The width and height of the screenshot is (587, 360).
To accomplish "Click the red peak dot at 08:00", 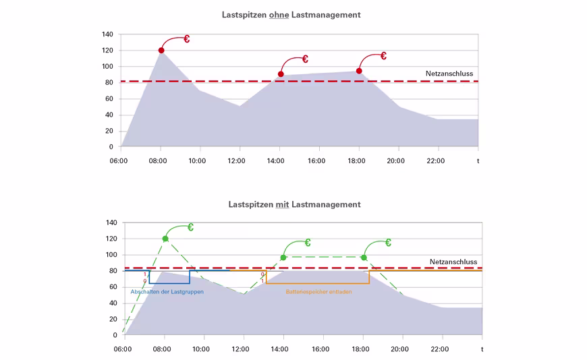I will coord(161,51).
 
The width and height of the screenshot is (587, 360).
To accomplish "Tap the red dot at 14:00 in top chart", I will coord(281,74).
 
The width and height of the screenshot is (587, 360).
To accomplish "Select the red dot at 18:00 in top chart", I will coord(359,71).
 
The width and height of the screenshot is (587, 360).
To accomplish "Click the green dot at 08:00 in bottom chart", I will coord(165,239).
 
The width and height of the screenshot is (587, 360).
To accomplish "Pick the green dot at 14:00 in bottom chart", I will coord(283,258).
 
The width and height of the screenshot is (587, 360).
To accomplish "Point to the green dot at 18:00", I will coord(364,258).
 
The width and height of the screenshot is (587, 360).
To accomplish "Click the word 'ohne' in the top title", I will coord(279,14).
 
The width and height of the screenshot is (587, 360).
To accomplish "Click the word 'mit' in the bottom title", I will coord(282,204).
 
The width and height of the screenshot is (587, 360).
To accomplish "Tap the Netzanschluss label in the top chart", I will coord(449,73).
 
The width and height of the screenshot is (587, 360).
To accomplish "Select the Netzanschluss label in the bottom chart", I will coord(453,262).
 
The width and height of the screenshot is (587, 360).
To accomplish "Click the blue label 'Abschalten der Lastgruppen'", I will coord(167,292).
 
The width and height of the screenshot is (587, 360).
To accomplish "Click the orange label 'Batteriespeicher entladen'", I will coord(318,292).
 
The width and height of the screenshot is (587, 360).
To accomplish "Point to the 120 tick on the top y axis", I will coord(107,51).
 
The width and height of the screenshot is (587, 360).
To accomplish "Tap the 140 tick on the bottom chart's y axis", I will coord(111,222).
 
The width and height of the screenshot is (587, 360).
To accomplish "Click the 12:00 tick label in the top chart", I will coord(237,160).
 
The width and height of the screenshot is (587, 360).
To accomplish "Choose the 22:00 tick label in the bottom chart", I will coord(439,349).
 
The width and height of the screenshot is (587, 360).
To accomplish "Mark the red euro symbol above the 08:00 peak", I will coord(186,39).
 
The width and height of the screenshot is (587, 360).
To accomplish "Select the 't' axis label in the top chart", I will coord(478,160).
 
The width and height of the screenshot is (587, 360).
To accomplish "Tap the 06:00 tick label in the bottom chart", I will coord(122,349).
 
